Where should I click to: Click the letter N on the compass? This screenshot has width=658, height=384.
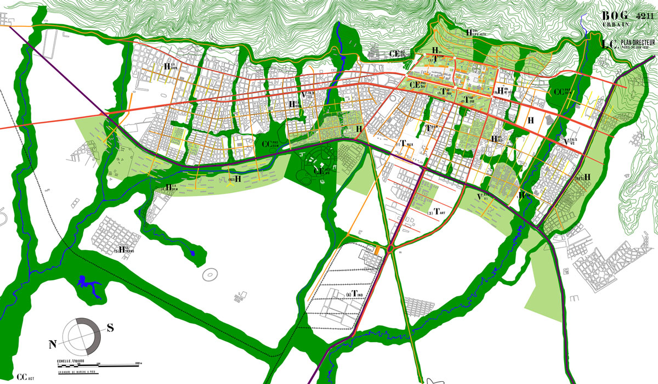click(53, 345)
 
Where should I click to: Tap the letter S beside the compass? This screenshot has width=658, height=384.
click(110, 328)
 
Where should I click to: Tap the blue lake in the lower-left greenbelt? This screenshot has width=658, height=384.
click(88, 285)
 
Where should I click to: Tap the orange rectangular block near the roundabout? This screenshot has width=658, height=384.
click(378, 250)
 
